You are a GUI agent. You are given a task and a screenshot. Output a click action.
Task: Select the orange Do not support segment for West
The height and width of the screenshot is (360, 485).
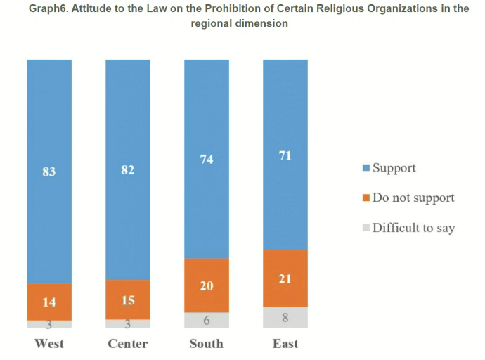(49, 302)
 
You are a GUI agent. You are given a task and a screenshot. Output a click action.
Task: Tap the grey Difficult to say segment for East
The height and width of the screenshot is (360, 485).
(285, 317)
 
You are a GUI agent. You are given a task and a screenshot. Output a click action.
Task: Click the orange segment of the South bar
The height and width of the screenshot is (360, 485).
(207, 285)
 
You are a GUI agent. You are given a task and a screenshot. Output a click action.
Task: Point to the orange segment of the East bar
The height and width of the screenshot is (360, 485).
(285, 278)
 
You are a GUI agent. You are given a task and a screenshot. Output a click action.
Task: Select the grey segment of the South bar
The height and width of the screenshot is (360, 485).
(207, 320)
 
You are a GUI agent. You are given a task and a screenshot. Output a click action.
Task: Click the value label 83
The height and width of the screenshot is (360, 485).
(49, 170)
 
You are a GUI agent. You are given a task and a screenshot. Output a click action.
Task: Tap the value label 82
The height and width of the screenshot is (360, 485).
(128, 170)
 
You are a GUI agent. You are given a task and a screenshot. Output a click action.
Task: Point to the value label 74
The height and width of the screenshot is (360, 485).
(207, 160)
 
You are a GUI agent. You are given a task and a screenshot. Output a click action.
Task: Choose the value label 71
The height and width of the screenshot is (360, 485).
(285, 155)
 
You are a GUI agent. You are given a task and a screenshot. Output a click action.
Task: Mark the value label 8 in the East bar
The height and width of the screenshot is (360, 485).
(285, 317)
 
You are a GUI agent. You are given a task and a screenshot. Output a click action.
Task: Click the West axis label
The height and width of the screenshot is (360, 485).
(49, 344)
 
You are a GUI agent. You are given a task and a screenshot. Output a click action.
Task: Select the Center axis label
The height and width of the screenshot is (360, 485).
(128, 344)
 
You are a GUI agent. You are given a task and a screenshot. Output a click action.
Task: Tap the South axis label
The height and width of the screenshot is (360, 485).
(207, 344)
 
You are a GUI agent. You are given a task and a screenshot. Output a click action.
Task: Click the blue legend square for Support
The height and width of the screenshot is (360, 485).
(366, 169)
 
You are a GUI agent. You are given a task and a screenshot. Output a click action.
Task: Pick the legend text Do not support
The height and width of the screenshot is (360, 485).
(413, 198)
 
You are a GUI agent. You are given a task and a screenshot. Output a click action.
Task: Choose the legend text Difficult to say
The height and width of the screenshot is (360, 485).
(413, 227)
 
